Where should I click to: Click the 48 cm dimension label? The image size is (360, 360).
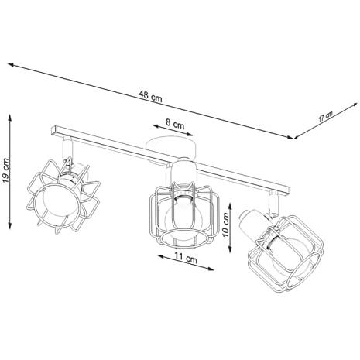(x=151, y=96)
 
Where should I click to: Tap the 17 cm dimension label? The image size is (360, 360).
(x=325, y=117)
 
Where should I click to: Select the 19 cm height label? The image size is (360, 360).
(x=5, y=170)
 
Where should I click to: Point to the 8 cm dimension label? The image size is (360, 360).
(x=175, y=124)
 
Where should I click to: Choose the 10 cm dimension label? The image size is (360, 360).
(x=225, y=225)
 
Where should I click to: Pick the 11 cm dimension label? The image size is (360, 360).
(x=186, y=258)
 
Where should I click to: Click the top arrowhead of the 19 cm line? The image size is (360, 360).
(x=10, y=118)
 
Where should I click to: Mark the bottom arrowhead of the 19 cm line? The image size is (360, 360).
(x=10, y=225)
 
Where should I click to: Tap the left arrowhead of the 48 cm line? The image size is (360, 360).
(x=12, y=65)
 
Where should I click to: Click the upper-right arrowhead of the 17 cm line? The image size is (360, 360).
(x=355, y=105)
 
